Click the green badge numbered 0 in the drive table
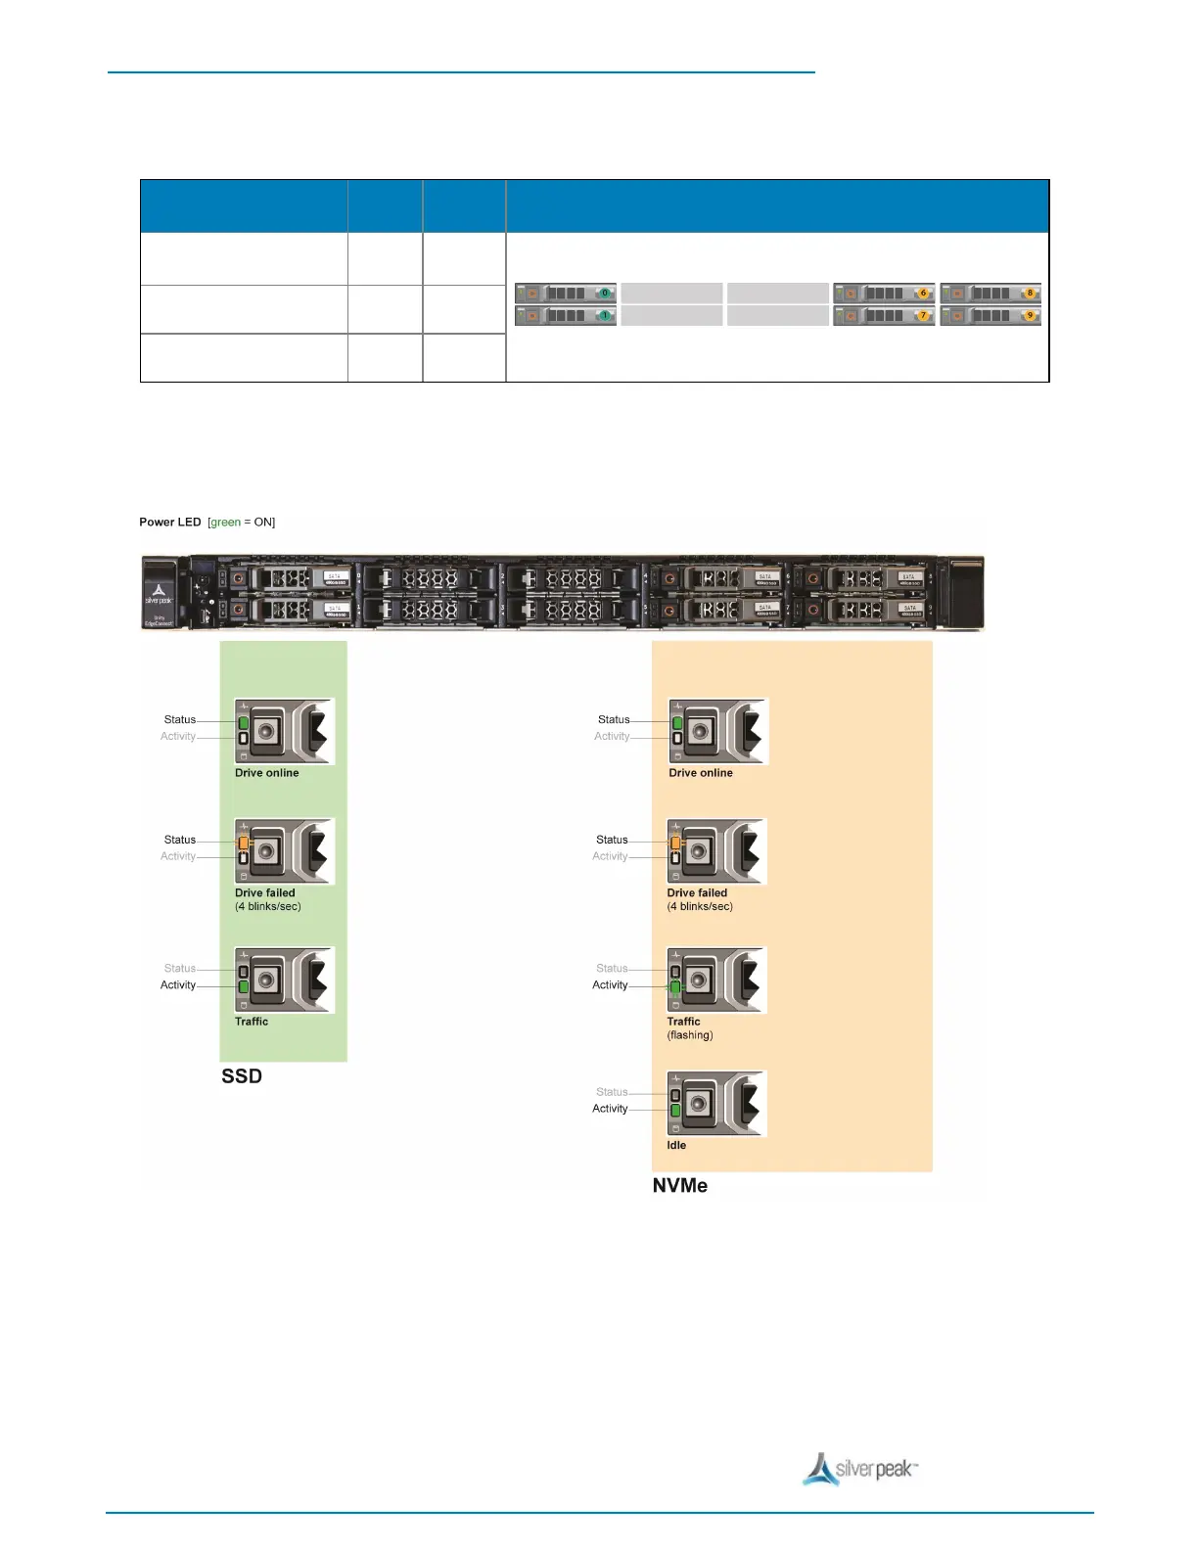point(605,293)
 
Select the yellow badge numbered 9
point(1030,315)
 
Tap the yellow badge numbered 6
point(922,293)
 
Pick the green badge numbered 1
point(605,315)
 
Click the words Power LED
point(170,523)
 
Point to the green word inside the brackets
point(225,523)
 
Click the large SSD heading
point(242,1076)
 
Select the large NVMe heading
point(680,1186)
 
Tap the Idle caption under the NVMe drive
point(676,1145)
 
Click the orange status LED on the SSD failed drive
point(243,842)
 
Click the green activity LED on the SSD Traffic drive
point(243,987)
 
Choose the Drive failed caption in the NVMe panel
point(697,892)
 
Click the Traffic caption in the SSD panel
point(252,1022)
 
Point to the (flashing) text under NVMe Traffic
point(690,1035)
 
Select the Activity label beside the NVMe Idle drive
point(610,1109)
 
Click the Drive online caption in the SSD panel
point(267,773)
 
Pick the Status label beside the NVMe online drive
point(614,719)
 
